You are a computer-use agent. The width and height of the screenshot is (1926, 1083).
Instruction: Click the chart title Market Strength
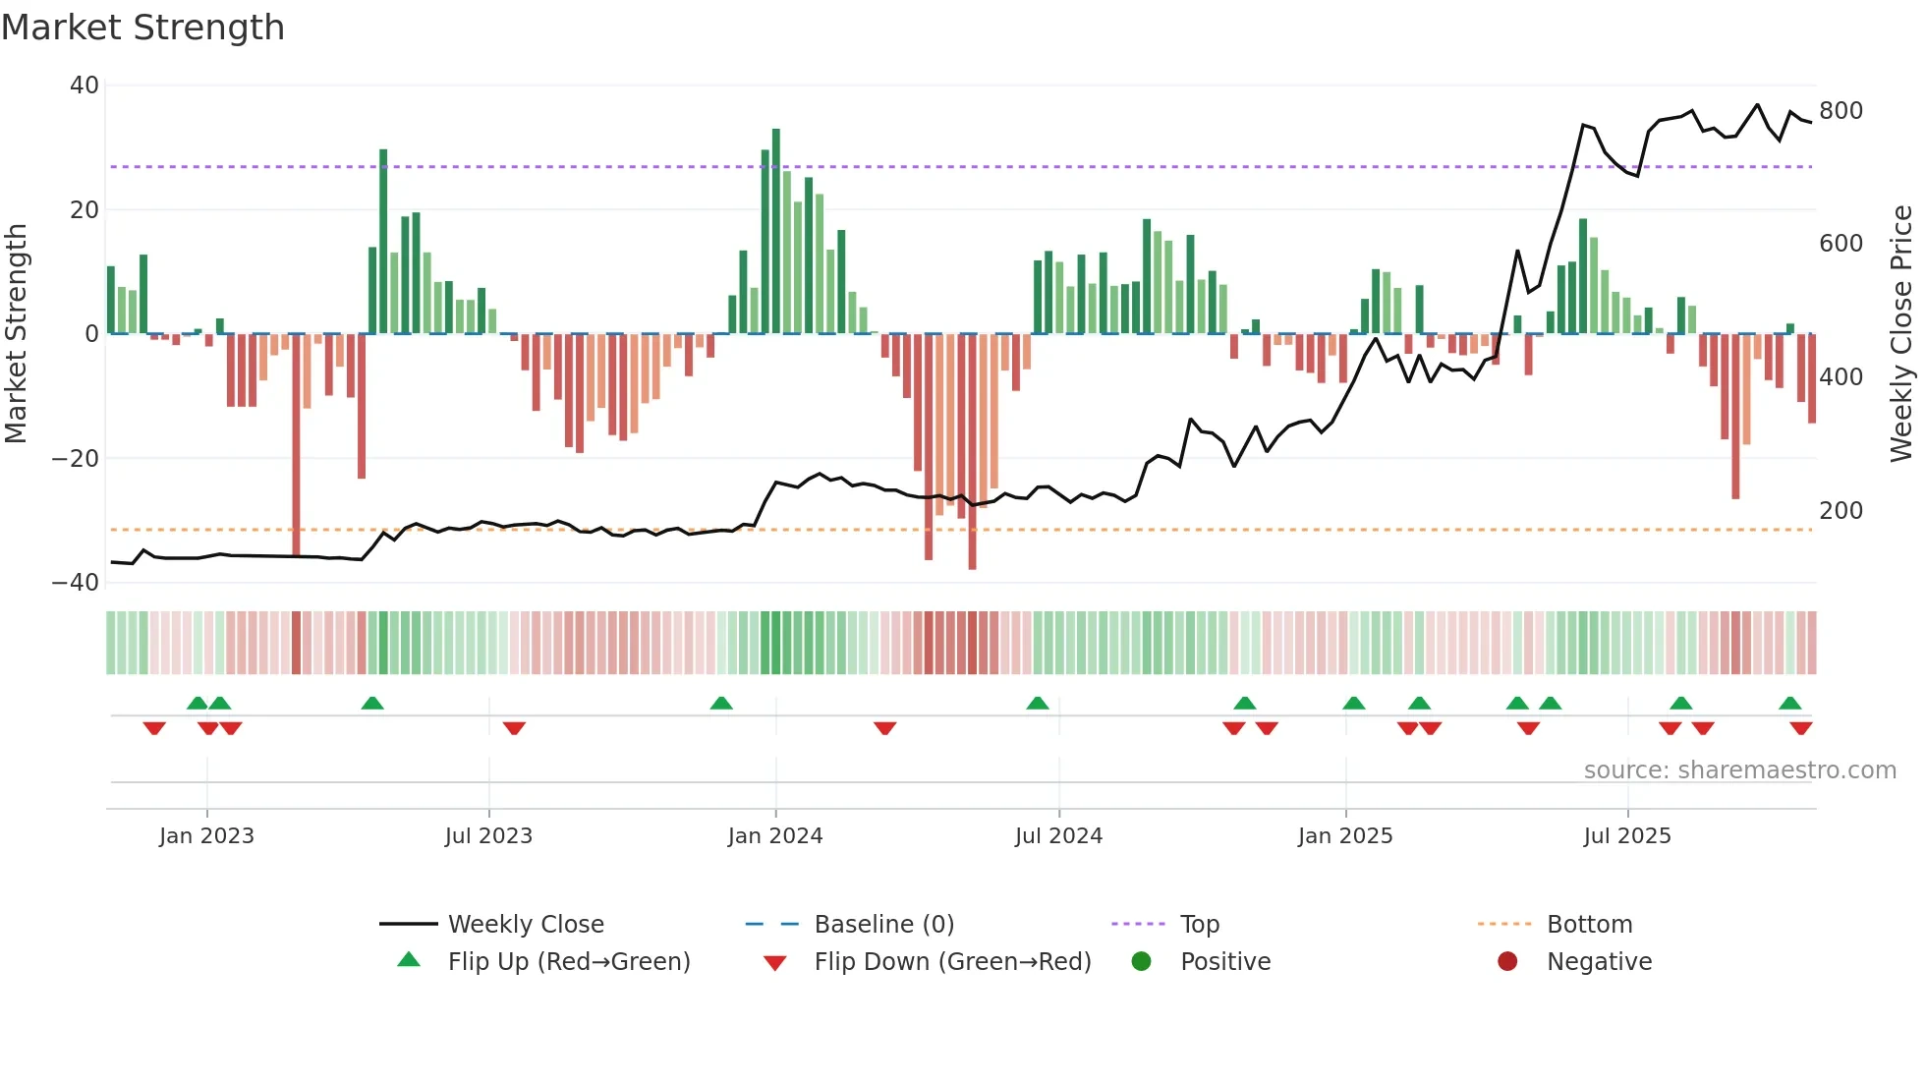[x=142, y=28]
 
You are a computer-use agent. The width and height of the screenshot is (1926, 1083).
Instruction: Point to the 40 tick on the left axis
[x=84, y=85]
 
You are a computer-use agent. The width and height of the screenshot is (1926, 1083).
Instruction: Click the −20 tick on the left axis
[x=76, y=458]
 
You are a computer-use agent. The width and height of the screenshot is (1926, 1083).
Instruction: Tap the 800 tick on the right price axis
[x=1841, y=110]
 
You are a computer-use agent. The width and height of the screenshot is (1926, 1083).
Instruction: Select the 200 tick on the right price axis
[x=1841, y=510]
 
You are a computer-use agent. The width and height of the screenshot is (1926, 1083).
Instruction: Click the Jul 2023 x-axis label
[x=488, y=836]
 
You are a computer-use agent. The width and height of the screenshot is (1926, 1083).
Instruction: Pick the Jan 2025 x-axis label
[x=1344, y=836]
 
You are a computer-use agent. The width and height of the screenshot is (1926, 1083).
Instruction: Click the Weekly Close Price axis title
[x=1901, y=334]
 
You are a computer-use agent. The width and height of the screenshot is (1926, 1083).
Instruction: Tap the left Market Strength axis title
[x=17, y=334]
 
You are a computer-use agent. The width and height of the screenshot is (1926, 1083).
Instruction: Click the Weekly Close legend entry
[x=525, y=925]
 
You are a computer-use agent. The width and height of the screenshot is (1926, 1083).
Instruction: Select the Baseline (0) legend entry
[x=883, y=925]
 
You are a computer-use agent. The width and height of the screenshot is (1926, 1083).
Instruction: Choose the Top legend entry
[x=1199, y=925]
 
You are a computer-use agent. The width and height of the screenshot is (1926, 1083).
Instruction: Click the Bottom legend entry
[x=1589, y=925]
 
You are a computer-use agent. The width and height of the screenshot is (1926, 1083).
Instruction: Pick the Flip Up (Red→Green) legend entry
[x=568, y=962]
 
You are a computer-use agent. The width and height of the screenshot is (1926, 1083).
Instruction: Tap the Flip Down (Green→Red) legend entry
[x=951, y=962]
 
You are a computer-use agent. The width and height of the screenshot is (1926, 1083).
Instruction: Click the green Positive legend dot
[x=1141, y=962]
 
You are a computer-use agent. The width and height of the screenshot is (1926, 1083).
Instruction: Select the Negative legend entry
[x=1598, y=962]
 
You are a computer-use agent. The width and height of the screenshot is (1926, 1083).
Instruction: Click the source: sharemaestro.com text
[x=1739, y=770]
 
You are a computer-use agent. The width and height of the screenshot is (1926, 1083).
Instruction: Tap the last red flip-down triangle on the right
[x=1800, y=728]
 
